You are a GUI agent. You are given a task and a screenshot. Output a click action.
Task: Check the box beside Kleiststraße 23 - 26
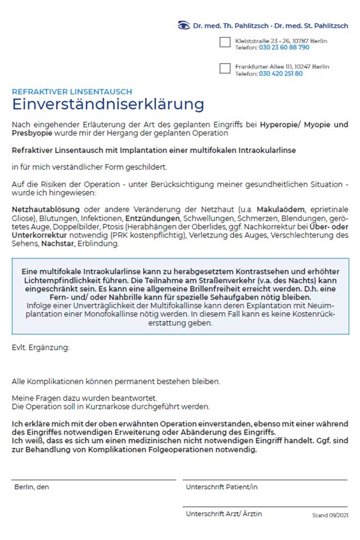(225, 43)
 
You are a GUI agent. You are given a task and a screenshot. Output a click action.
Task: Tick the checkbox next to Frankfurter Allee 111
(225, 69)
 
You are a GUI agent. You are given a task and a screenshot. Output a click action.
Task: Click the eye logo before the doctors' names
(184, 25)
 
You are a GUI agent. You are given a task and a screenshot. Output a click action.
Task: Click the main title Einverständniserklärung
(108, 105)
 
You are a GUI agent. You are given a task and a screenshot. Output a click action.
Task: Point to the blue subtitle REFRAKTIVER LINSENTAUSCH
(72, 92)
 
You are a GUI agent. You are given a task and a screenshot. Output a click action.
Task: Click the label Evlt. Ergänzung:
(40, 348)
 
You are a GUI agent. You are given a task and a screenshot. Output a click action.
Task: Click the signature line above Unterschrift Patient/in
(265, 479)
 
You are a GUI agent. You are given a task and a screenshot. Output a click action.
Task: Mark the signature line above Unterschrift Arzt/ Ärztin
(265, 506)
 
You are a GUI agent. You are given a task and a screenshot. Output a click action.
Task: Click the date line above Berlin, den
(93, 479)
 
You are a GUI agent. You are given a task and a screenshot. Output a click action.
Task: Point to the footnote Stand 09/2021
(330, 515)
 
